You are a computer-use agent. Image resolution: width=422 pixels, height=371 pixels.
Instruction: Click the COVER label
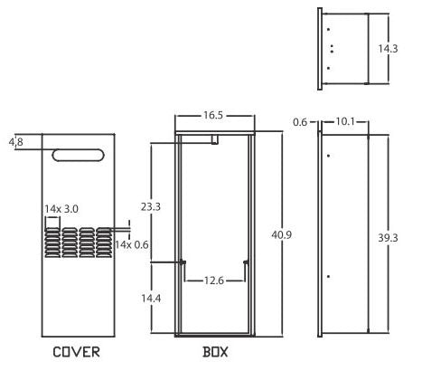coord(76,352)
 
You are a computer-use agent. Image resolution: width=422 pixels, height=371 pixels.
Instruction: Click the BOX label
coord(215,352)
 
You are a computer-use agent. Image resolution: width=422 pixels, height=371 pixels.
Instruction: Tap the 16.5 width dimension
coord(213,115)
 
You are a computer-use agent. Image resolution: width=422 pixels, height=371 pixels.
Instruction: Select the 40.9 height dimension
coord(282,234)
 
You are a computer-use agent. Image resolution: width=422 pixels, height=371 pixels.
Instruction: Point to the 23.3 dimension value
coord(151,207)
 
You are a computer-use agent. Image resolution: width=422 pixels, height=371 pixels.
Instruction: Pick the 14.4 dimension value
coord(151,299)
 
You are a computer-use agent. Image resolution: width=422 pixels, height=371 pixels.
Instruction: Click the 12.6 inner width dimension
coord(214,281)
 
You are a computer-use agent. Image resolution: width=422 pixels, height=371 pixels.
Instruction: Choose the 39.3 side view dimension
coord(388,238)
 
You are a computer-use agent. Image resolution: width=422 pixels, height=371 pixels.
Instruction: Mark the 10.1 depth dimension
coord(345,121)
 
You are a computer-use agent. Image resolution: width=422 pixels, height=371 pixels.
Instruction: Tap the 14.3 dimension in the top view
coord(388,49)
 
